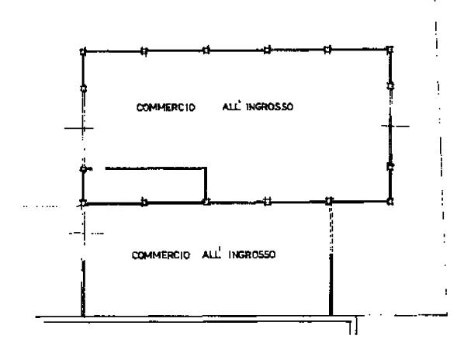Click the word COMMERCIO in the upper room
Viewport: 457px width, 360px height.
(166, 108)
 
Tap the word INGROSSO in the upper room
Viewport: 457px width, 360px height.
(269, 107)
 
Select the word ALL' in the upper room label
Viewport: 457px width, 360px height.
(232, 106)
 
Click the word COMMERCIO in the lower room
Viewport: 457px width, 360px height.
(161, 255)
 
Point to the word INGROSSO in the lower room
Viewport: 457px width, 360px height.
(252, 254)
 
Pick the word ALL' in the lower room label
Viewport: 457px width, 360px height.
(211, 254)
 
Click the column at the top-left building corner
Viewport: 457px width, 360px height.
(83, 52)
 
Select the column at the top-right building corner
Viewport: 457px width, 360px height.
(389, 50)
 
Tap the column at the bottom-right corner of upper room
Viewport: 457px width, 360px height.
(390, 201)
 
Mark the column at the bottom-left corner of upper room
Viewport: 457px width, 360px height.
(83, 202)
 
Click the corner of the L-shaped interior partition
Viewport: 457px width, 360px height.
(206, 168)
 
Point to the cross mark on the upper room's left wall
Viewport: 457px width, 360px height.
(83, 128)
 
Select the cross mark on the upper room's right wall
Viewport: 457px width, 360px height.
(390, 126)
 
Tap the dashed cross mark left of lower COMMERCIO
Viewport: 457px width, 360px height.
(85, 234)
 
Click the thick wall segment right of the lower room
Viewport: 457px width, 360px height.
(331, 285)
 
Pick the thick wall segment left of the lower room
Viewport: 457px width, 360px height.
(83, 288)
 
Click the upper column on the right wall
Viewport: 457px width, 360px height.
(390, 86)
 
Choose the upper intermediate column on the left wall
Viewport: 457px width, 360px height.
(83, 88)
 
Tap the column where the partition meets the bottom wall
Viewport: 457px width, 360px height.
(206, 202)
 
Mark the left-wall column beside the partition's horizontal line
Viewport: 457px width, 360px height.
(83, 169)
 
